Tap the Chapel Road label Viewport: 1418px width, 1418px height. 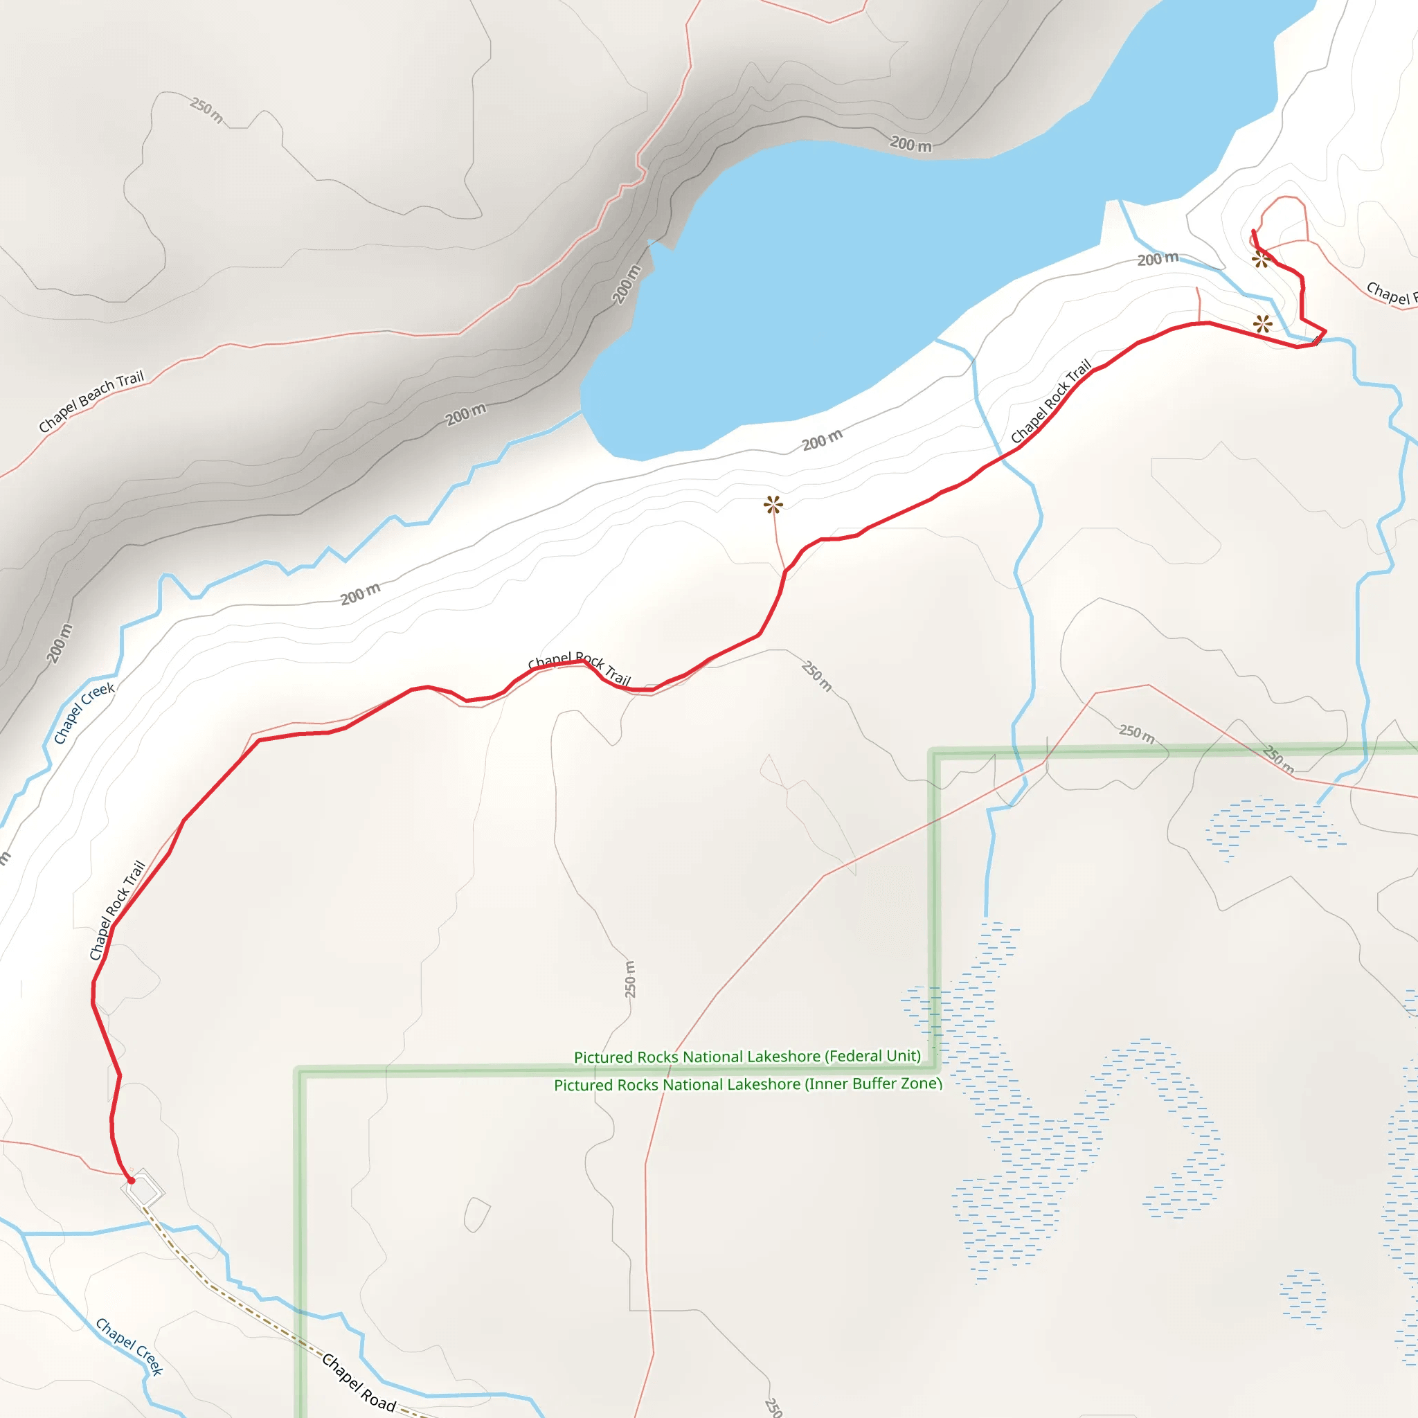pos(359,1383)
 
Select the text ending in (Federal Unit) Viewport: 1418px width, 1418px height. pos(747,1056)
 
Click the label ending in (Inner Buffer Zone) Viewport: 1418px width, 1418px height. pos(747,1084)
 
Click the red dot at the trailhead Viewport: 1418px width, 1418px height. pos(132,1181)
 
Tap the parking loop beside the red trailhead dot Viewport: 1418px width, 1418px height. pos(145,1188)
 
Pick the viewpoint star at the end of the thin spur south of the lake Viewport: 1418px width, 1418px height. pos(773,504)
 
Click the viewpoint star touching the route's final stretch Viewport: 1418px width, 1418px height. pos(1261,258)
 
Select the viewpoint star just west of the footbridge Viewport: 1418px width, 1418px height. pos(1262,323)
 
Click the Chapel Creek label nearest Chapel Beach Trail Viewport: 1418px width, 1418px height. pos(84,712)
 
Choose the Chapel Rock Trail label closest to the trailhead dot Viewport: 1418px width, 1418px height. pos(118,910)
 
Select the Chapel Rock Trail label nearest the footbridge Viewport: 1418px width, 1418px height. pos(1051,402)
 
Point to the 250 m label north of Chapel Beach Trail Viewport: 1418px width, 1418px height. pos(207,110)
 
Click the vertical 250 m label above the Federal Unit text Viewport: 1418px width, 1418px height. pos(630,979)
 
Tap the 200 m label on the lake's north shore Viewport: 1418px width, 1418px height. pos(911,145)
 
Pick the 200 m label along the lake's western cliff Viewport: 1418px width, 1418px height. pos(626,284)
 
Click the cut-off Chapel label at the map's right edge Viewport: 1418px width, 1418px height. pos(1391,293)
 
